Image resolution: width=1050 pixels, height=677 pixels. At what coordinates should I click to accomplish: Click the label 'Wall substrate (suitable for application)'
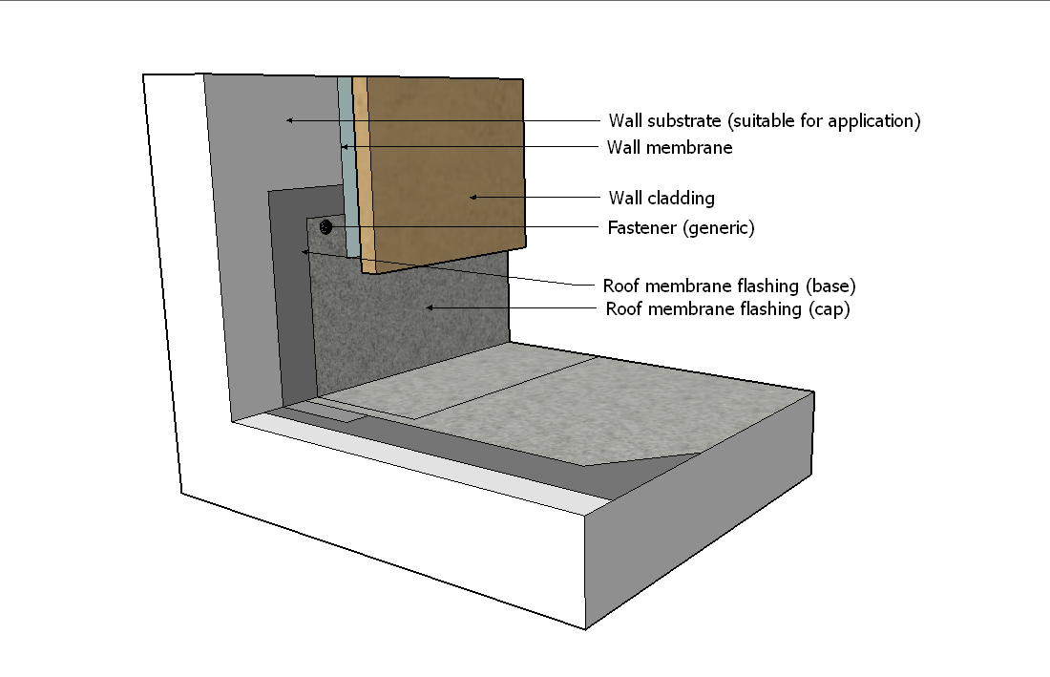click(764, 121)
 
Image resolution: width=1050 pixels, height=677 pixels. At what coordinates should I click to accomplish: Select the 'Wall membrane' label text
click(669, 148)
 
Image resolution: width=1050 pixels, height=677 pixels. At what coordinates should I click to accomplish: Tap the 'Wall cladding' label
click(661, 199)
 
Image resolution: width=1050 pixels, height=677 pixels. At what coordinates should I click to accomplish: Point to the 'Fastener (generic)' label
click(681, 227)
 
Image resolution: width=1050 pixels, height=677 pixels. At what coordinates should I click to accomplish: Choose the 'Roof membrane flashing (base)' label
click(729, 286)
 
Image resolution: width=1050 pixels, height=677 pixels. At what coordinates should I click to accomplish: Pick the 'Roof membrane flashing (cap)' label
click(727, 309)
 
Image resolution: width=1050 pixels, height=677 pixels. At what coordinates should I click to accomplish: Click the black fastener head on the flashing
click(326, 226)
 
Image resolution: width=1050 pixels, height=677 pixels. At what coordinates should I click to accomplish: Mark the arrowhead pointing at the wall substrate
click(289, 120)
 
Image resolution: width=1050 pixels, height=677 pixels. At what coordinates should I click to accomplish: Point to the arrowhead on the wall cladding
click(472, 198)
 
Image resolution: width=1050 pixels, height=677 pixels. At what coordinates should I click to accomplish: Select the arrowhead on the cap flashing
click(430, 307)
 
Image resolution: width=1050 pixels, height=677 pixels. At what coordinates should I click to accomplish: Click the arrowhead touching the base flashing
click(304, 252)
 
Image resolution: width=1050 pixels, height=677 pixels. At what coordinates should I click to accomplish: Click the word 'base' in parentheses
click(831, 286)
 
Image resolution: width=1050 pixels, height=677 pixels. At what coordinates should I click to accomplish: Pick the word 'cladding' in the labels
click(681, 199)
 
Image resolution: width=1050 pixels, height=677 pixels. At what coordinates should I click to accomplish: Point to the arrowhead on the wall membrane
click(345, 147)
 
